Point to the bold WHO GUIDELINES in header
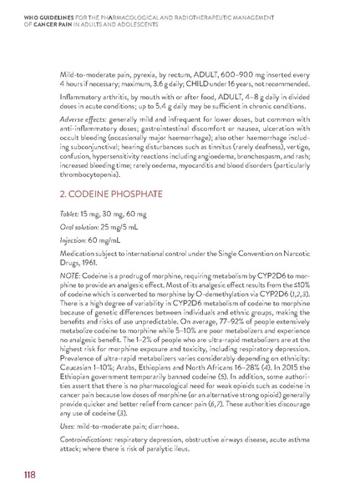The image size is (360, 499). [x=48, y=16]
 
